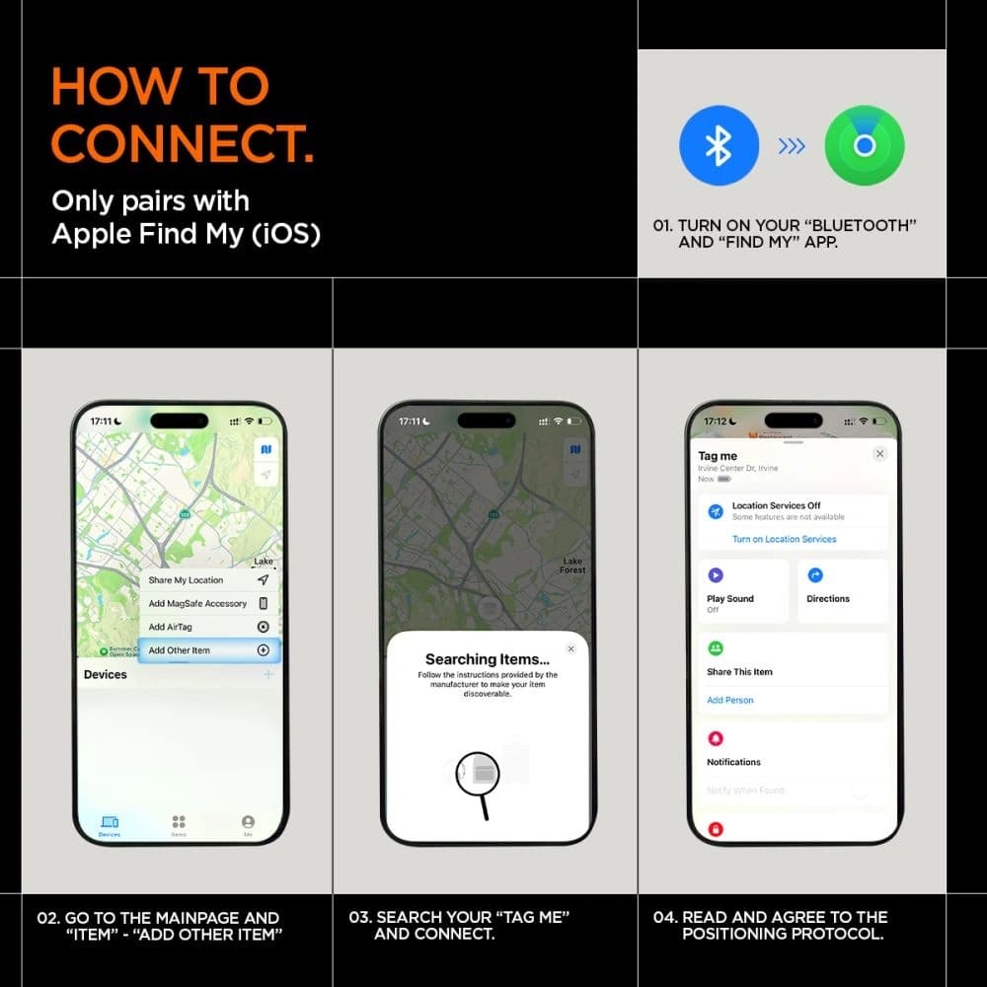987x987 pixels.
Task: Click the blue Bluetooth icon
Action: (x=719, y=146)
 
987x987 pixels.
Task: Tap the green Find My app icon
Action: (x=865, y=146)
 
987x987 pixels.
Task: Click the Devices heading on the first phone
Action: (x=106, y=674)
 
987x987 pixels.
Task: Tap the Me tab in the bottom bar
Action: (x=248, y=824)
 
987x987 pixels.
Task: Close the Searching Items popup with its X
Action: (x=570, y=648)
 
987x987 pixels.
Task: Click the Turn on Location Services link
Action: (x=784, y=539)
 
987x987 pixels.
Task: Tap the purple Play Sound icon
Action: (x=716, y=575)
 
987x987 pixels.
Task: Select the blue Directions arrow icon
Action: (x=815, y=575)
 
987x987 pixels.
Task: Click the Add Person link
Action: (x=729, y=700)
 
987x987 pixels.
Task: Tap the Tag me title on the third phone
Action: (x=718, y=456)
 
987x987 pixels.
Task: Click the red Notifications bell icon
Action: (x=716, y=738)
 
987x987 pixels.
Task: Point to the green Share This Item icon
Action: (x=716, y=648)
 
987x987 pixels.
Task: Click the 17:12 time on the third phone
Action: (x=715, y=420)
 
